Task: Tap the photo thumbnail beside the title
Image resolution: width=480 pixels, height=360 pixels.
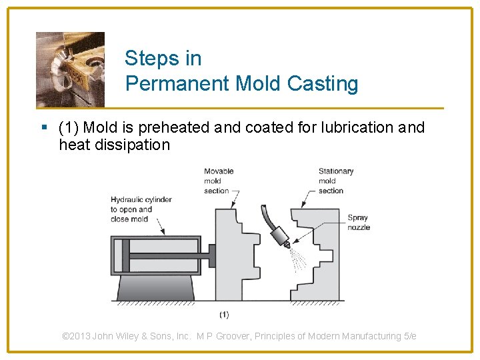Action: [70, 69]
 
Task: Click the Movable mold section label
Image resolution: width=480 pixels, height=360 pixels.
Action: [219, 181]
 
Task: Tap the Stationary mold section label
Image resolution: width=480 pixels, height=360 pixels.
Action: [335, 181]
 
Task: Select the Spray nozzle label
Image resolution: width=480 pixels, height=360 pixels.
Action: [358, 223]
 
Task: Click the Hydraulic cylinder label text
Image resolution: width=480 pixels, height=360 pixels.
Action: [141, 209]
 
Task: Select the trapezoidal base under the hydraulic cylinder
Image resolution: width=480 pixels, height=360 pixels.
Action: [156, 287]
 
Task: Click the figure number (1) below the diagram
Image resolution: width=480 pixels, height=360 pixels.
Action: [224, 314]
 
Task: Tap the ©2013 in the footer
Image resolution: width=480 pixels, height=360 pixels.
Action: [76, 336]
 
